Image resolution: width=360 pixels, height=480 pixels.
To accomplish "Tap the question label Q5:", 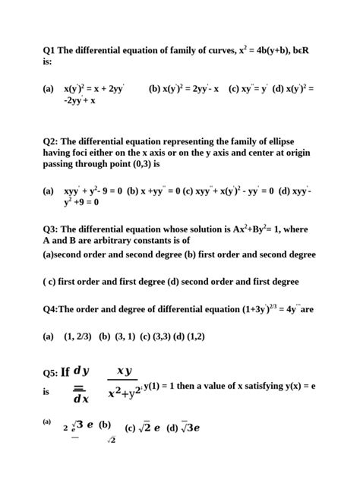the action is point(50,373).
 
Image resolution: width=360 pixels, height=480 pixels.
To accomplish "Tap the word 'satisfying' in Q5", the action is point(263,386).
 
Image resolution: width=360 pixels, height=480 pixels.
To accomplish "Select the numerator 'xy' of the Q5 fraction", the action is point(124,371).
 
